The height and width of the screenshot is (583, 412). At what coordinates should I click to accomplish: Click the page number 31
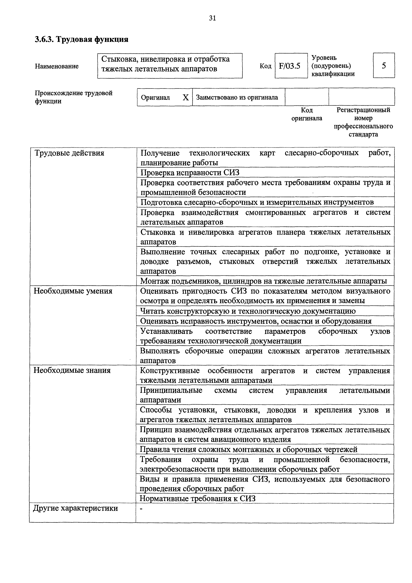coord(212,18)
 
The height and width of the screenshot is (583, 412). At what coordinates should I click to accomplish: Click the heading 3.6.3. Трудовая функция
coord(81,39)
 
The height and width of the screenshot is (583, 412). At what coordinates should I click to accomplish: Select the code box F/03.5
coord(291,66)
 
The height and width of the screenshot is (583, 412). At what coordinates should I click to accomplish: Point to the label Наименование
coord(57,66)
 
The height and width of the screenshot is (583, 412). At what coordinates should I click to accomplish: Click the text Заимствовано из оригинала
coord(237,97)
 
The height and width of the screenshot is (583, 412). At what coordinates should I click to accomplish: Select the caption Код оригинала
coord(307,114)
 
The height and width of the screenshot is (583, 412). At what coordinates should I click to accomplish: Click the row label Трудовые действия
coord(69,153)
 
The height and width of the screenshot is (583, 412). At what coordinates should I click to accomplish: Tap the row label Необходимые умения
coord(73,291)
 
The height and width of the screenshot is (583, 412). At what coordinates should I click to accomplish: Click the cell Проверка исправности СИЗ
coord(190,173)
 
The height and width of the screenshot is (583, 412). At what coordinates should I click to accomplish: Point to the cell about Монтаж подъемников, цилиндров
coord(264,281)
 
